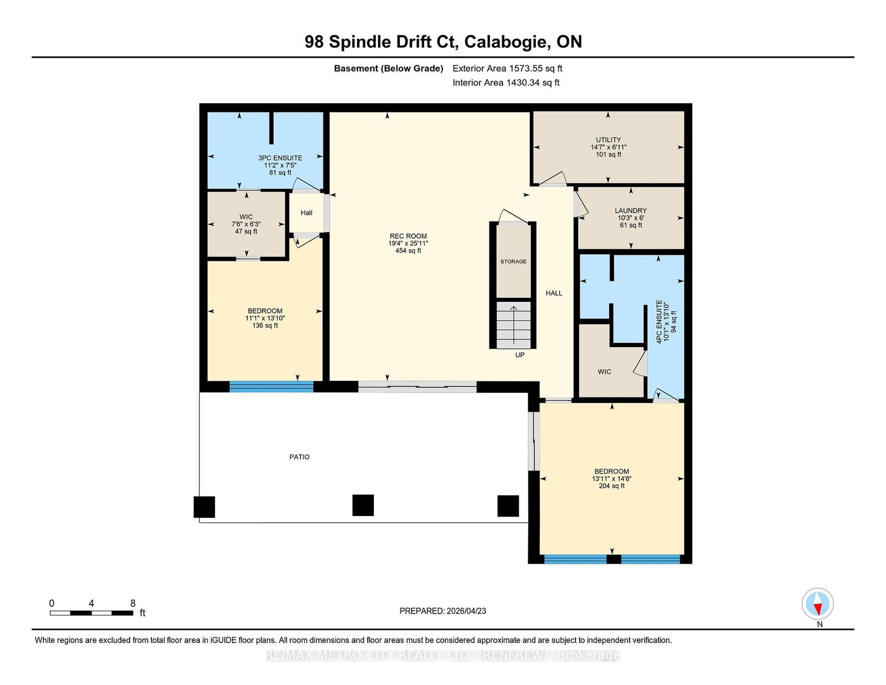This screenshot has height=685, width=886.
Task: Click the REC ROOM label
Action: pos(408,236)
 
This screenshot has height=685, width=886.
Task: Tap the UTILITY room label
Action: pos(609,140)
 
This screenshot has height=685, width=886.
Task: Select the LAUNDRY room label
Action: pos(631,211)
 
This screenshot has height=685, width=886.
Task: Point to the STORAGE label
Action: pos(513,261)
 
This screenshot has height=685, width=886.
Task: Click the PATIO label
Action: pos(299,457)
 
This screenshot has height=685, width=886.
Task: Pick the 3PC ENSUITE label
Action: pos(280,158)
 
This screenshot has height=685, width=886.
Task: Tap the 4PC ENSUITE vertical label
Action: pos(659,322)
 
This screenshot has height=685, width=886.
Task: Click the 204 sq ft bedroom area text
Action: pos(611,486)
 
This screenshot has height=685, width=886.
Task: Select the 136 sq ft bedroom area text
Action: pos(265,326)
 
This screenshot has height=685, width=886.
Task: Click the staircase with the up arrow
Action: pos(513,325)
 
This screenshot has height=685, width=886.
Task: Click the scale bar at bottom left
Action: pos(91,613)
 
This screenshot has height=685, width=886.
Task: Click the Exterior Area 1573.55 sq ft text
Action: pos(507,69)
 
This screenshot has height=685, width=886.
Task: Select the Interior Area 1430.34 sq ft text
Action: pos(506,83)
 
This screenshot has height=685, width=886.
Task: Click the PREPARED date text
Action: pos(443,611)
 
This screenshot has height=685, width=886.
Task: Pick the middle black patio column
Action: pos(363,505)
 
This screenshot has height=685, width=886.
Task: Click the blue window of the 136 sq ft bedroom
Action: pos(271,387)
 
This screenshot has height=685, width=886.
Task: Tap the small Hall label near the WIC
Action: pos(307,213)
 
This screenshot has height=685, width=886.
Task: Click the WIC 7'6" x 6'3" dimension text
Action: pos(246,224)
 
